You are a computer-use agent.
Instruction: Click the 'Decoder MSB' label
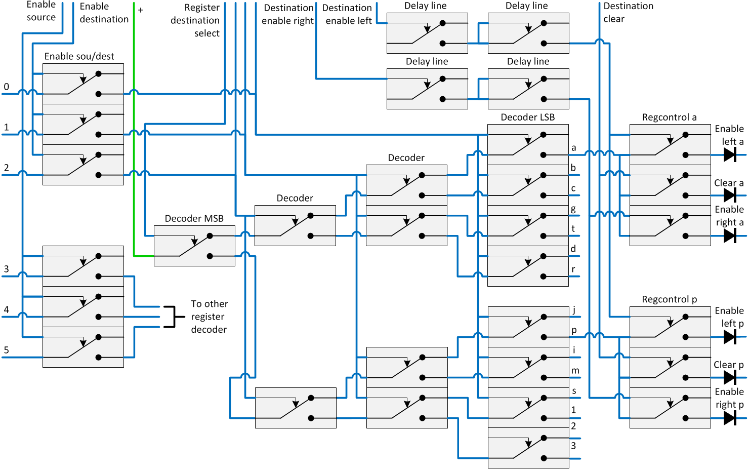[194, 218]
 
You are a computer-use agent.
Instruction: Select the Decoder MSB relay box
[194, 246]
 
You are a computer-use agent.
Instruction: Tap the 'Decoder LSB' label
[527, 117]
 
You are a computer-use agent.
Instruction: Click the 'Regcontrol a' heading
[669, 117]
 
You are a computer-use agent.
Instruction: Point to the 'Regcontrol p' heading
[669, 299]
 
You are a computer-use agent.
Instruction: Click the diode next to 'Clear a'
[730, 195]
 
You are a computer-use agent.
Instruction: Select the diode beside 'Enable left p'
[730, 337]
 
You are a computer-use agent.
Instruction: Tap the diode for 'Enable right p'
[730, 418]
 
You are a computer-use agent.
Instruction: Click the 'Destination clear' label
[628, 13]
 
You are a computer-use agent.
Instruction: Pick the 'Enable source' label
[41, 11]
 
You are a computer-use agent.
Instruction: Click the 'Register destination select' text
[195, 20]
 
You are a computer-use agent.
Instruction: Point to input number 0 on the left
[6, 87]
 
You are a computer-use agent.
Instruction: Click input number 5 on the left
[6, 350]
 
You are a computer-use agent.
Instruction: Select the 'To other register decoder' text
[209, 317]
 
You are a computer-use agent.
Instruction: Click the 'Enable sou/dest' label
[79, 56]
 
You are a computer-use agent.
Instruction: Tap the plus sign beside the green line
[140, 10]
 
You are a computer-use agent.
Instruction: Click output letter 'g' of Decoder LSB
[573, 209]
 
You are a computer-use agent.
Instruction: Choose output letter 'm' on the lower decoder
[575, 371]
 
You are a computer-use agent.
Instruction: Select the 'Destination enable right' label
[288, 14]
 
